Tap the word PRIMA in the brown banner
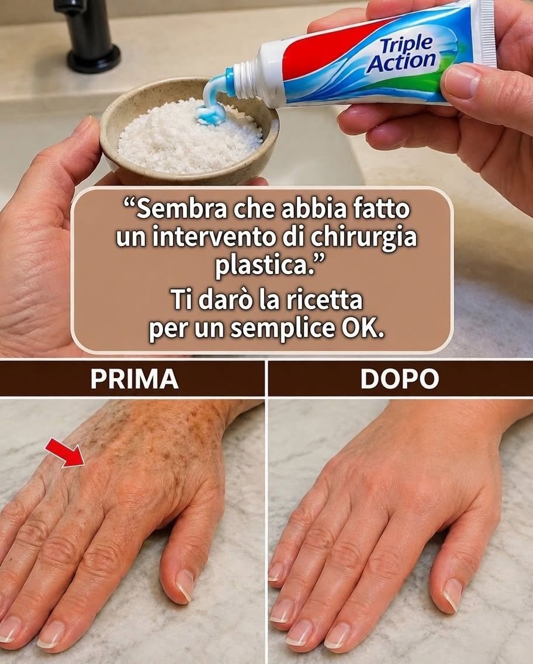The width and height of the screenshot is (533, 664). [134, 379]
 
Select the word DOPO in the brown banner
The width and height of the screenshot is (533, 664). [400, 379]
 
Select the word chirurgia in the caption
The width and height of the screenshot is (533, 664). [364, 237]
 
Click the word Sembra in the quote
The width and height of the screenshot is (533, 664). [175, 209]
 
